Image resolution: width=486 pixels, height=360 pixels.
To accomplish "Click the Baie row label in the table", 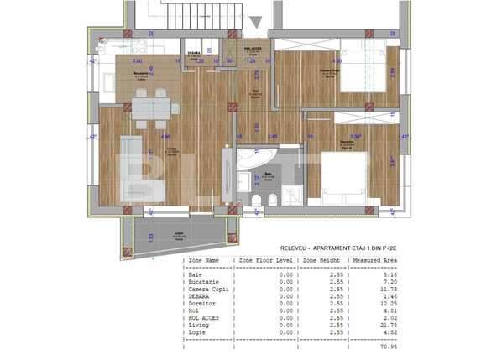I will click(x=195, y=274).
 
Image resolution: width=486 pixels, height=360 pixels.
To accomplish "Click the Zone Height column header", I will click(x=319, y=260).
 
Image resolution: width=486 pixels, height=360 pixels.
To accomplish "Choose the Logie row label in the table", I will click(x=197, y=332).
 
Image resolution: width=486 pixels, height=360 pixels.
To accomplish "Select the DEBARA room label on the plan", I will click(x=194, y=53).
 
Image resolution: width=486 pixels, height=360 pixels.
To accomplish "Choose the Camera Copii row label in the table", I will click(x=208, y=289).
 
